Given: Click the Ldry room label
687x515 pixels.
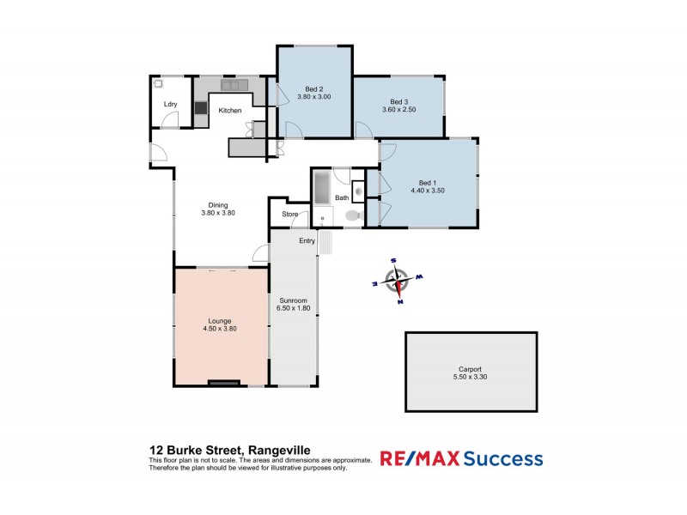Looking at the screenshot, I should click(x=170, y=106).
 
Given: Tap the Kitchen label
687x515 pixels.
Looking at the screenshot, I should click(x=229, y=111).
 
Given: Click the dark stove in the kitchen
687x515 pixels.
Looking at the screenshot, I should click(x=200, y=108).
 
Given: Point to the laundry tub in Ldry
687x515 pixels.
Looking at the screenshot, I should click(x=159, y=85).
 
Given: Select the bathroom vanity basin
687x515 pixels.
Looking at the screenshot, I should click(x=359, y=191).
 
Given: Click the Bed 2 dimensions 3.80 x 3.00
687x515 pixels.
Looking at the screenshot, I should click(x=314, y=97).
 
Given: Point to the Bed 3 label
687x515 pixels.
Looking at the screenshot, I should click(x=398, y=101).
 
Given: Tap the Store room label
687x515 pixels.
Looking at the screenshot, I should click(x=289, y=215).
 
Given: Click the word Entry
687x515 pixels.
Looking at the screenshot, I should click(x=307, y=240).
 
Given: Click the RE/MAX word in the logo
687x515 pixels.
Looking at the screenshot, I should click(x=418, y=459).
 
